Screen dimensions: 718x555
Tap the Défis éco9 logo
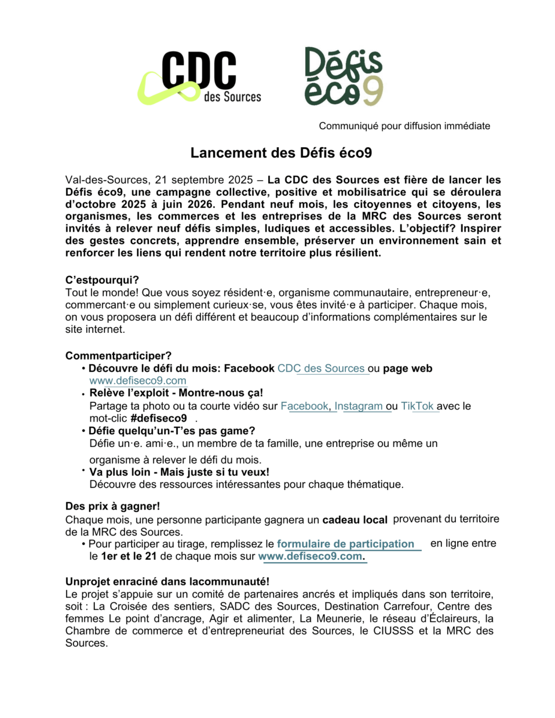[344, 77]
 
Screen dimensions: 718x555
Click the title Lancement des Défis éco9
[281, 153]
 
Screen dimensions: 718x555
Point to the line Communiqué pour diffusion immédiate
[404, 126]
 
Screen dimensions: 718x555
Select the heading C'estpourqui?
[102, 280]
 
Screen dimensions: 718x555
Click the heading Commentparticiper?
[118, 356]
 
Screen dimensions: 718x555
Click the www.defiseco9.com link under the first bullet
[138, 381]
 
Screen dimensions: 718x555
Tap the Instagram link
[359, 406]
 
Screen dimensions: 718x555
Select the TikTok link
[417, 406]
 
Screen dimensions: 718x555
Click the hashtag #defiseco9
[159, 419]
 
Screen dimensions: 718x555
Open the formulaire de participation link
[345, 544]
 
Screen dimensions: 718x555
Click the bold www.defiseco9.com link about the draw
[311, 556]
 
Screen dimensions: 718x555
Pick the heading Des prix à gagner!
[112, 506]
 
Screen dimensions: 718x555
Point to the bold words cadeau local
[355, 520]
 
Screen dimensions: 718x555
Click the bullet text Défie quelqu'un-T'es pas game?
[171, 431]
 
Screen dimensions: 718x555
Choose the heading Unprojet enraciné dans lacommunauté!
[167, 581]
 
